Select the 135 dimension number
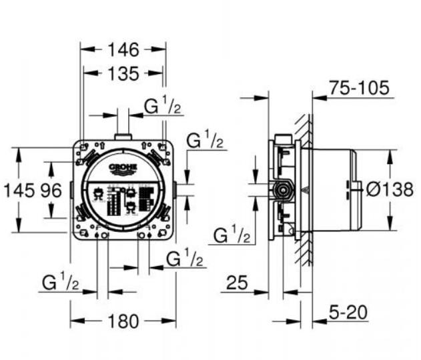[123, 73]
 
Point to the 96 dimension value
[51, 191]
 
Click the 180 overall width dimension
[123, 321]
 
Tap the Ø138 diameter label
[390, 189]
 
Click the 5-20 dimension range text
[349, 312]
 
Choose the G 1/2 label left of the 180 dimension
[60, 283]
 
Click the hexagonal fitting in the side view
[283, 190]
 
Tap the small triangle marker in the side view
[305, 190]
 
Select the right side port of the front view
[175, 190]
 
